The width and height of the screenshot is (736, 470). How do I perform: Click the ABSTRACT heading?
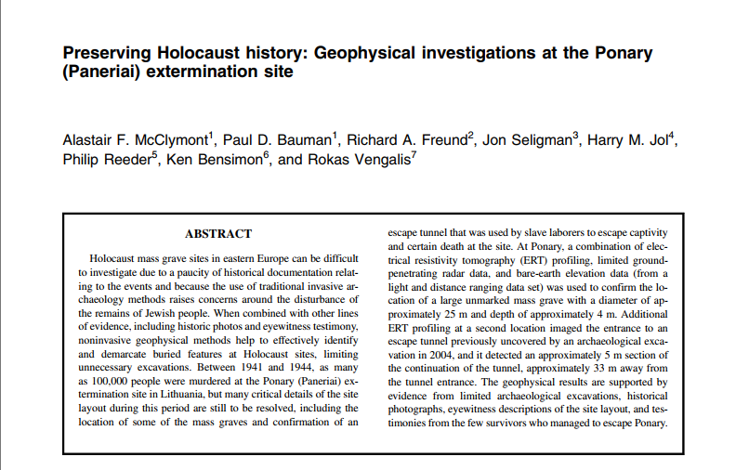point(218,233)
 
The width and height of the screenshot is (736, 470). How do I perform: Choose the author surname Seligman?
point(542,141)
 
